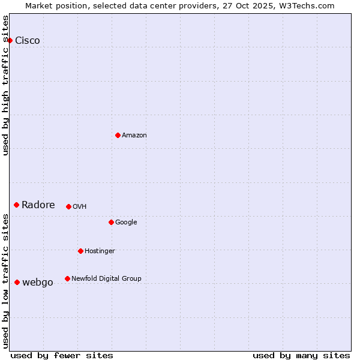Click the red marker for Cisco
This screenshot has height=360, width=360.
click(x=10, y=40)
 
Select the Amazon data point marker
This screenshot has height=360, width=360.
click(x=118, y=135)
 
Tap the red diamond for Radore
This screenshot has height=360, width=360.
click(x=16, y=205)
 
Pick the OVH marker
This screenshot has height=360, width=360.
click(x=68, y=206)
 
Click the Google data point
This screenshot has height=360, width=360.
click(x=111, y=222)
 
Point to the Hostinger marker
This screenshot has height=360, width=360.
click(x=80, y=251)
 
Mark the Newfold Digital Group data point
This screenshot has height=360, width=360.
click(x=67, y=278)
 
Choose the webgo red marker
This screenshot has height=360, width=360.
click(x=17, y=282)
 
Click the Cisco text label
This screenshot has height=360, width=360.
click(x=28, y=41)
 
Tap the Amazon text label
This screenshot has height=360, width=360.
click(x=134, y=136)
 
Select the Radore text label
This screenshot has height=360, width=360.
click(x=38, y=205)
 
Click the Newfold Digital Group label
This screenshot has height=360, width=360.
click(x=107, y=278)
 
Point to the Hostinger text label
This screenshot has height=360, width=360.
click(x=100, y=251)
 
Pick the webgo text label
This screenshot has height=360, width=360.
click(x=38, y=283)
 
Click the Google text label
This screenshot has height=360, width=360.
click(x=126, y=223)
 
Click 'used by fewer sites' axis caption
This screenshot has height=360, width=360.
click(x=62, y=355)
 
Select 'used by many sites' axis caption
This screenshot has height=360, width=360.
click(x=301, y=355)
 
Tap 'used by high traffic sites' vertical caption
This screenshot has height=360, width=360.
click(x=5, y=85)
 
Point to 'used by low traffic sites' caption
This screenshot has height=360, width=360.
click(x=5, y=281)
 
